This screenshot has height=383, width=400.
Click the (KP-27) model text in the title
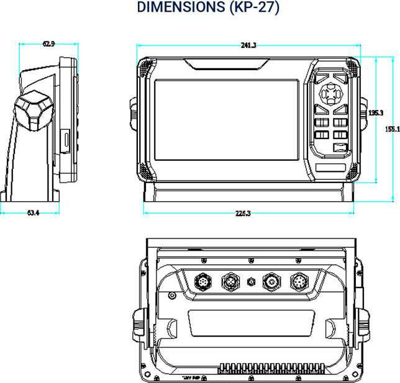(x=245, y=8)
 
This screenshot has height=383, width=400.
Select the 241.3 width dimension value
(x=248, y=45)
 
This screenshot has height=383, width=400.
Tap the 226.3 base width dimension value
(x=243, y=213)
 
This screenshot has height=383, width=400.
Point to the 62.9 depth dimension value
(x=48, y=43)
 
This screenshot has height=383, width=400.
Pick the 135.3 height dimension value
(x=375, y=113)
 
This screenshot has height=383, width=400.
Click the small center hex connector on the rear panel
(x=251, y=281)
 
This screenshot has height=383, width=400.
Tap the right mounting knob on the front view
(x=363, y=113)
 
